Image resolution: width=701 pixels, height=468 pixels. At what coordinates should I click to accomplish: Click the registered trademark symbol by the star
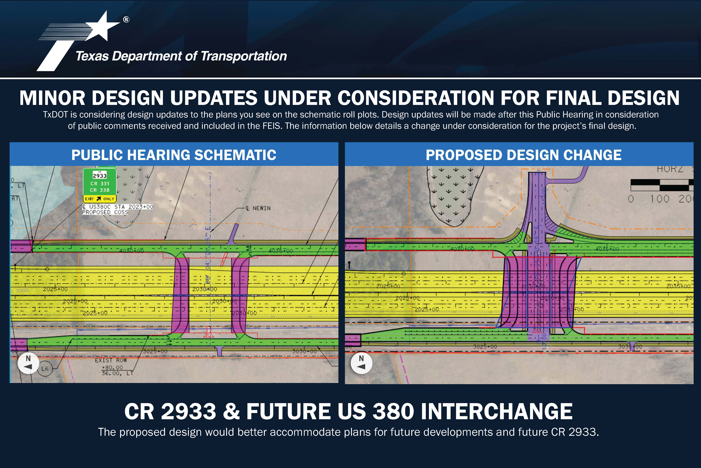point(126,20)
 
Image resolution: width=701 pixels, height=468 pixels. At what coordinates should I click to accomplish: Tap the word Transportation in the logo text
point(244,56)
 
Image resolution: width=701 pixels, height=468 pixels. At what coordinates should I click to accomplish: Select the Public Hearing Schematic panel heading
point(174,155)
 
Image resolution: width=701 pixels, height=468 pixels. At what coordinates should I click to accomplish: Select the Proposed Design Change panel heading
point(523,155)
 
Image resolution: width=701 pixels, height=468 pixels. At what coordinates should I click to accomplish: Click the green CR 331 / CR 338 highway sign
point(100,183)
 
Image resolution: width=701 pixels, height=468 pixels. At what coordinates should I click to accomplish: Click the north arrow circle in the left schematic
point(28,363)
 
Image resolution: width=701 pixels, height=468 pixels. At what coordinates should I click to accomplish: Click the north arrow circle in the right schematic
point(361,363)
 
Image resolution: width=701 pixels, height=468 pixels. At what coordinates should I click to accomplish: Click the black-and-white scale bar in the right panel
point(661,185)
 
